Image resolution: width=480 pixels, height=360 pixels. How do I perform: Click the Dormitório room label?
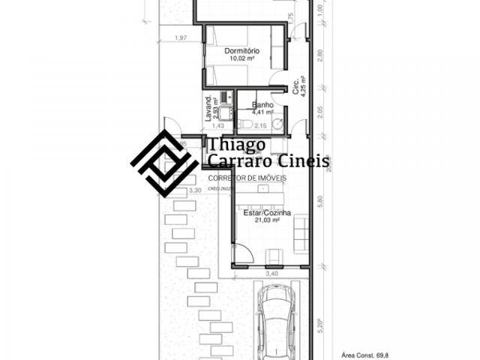[x=241, y=50]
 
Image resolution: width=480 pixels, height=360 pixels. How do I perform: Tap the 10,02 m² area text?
[x=241, y=58]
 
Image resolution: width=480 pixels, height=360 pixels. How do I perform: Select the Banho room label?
[x=262, y=105]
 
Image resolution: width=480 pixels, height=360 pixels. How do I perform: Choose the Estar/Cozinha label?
[x=261, y=213]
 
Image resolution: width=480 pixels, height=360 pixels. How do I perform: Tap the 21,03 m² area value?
[x=261, y=220]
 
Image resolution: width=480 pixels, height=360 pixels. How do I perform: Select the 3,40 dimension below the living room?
[x=272, y=274]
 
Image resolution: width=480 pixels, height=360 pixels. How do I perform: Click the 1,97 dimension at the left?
[x=180, y=37]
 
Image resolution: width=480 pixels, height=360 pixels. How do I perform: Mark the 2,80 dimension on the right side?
[x=320, y=55]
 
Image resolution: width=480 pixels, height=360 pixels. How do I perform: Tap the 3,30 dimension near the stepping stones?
[x=195, y=191]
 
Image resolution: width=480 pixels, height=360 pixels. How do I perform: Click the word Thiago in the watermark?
[x=232, y=144]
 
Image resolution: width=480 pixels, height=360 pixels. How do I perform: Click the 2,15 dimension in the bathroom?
[x=260, y=125]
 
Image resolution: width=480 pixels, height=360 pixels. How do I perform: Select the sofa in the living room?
[x=300, y=231]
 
